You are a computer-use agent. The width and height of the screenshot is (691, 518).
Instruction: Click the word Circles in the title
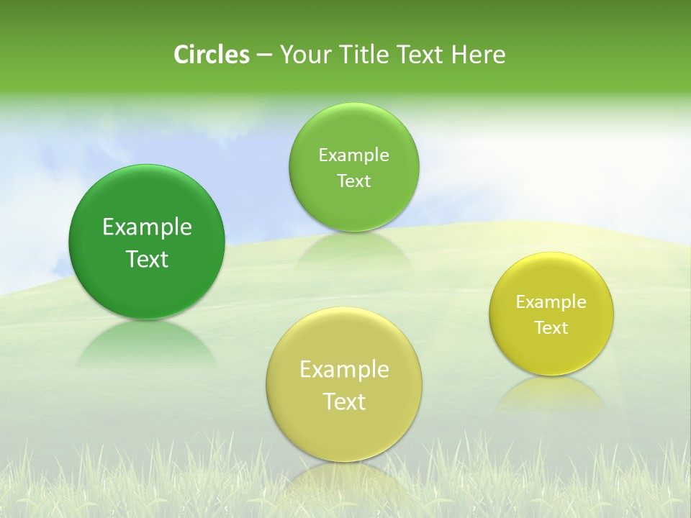pos(212,55)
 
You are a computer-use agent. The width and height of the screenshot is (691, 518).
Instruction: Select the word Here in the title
pos(479,55)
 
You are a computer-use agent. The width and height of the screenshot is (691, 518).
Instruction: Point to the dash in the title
pos(264,55)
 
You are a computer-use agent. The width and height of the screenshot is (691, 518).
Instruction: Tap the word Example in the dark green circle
pos(147,227)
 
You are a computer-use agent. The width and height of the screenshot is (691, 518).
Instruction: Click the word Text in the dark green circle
pos(147,259)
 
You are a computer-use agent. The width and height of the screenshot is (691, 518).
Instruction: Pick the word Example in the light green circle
pos(353,155)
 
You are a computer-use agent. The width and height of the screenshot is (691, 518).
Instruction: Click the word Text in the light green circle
pos(353,181)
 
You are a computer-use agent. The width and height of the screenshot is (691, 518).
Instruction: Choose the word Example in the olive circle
pos(344,369)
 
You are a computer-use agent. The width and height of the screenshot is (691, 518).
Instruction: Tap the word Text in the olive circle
pos(344,401)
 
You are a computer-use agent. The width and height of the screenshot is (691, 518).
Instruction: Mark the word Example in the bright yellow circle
pos(551,301)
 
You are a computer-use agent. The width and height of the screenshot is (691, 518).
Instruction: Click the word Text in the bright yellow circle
pos(551,327)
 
